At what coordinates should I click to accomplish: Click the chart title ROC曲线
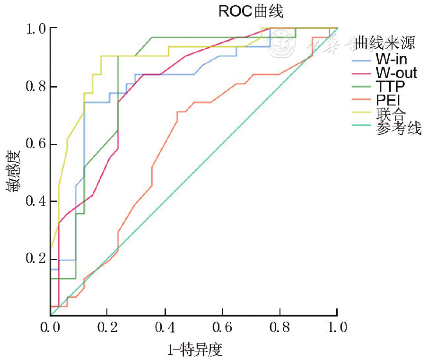pyautogui.click(x=250, y=11)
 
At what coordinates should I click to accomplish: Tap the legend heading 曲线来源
pyautogui.click(x=385, y=44)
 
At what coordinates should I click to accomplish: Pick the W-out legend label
pyautogui.click(x=396, y=73)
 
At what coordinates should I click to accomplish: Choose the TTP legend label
pyautogui.click(x=391, y=87)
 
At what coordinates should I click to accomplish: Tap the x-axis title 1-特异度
pyautogui.click(x=194, y=350)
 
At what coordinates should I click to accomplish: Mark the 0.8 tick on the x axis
pyautogui.click(x=280, y=327)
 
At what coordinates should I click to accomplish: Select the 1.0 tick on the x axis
pyautogui.click(x=337, y=327)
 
